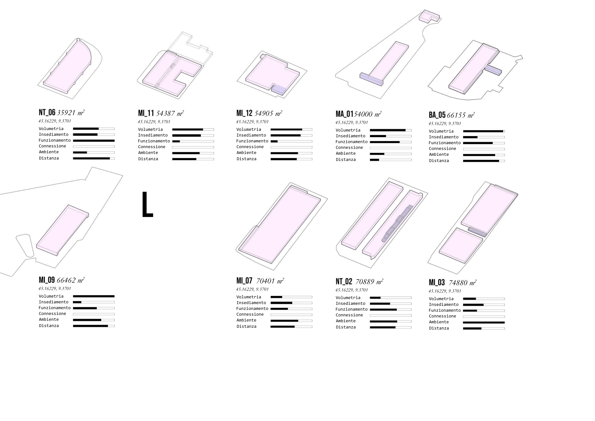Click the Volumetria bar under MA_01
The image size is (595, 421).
(391, 130)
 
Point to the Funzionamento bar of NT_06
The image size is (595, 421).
(94, 141)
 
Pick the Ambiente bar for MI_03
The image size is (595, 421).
(484, 322)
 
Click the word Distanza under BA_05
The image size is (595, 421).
(439, 161)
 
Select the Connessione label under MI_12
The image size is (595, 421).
(250, 147)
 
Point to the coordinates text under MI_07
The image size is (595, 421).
(252, 289)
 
